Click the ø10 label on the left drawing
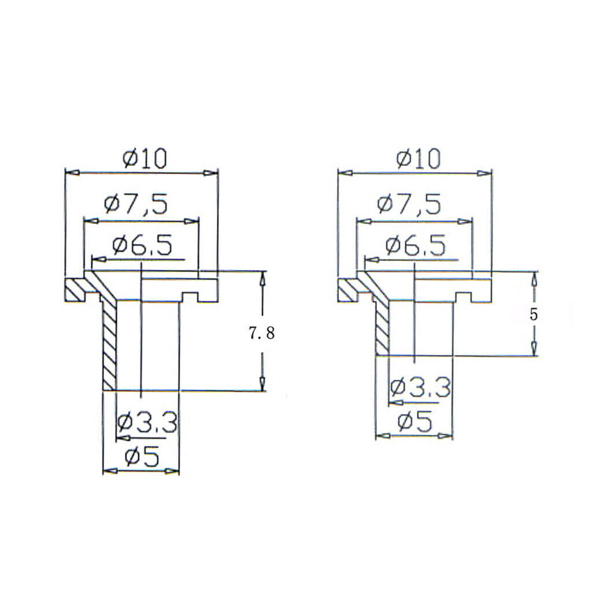tap(145, 159)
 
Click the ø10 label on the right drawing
tap(419, 159)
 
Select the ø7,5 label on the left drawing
tap(135, 204)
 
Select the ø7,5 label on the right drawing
tap(409, 204)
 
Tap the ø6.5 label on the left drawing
tap(142, 245)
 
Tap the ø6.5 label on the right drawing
tap(415, 245)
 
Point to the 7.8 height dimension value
tap(262, 334)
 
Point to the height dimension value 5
tap(533, 314)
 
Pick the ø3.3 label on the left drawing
tap(147, 423)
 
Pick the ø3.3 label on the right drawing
tap(421, 387)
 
